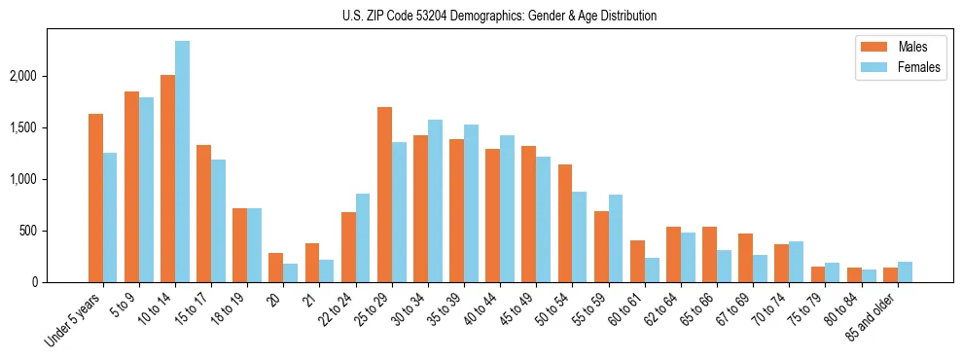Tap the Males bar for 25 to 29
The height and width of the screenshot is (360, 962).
[384, 195]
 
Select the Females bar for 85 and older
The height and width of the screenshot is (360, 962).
[905, 271]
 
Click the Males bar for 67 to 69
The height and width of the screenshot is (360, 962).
[745, 258]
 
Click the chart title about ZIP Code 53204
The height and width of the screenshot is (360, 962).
[499, 16]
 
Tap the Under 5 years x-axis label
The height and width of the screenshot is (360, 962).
[76, 318]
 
